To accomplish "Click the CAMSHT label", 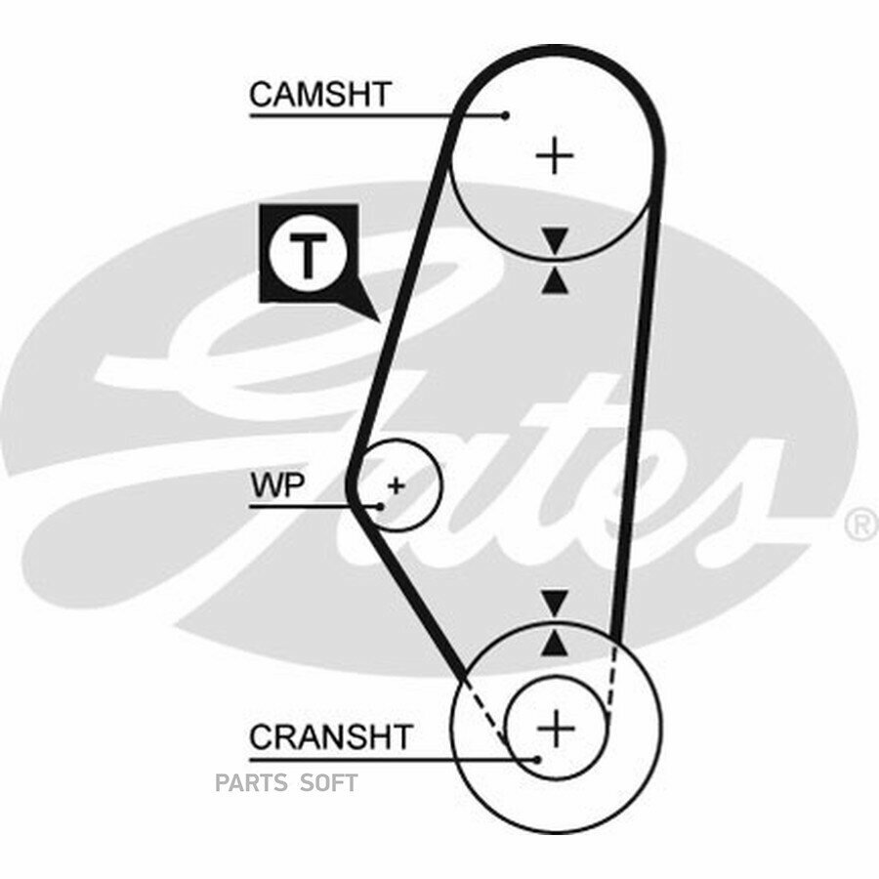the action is pyautogui.click(x=319, y=94).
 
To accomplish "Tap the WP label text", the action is pyautogui.click(x=278, y=485).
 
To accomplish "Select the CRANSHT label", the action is pyautogui.click(x=331, y=737).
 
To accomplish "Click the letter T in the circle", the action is pyautogui.click(x=307, y=255).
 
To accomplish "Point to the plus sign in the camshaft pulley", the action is pyautogui.click(x=555, y=155).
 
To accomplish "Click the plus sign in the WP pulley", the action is pyautogui.click(x=397, y=485).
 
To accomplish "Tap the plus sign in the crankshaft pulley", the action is pyautogui.click(x=556, y=729).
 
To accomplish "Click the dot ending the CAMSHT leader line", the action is pyautogui.click(x=506, y=115).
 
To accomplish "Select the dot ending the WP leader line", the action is pyautogui.click(x=381, y=506).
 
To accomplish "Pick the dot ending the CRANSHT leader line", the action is pyautogui.click(x=537, y=760).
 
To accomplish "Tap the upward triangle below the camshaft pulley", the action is pyautogui.click(x=555, y=281).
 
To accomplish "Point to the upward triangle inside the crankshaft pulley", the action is pyautogui.click(x=555, y=643).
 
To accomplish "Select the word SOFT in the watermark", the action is pyautogui.click(x=329, y=782).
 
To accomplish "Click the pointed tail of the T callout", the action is pyautogui.click(x=380, y=321).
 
